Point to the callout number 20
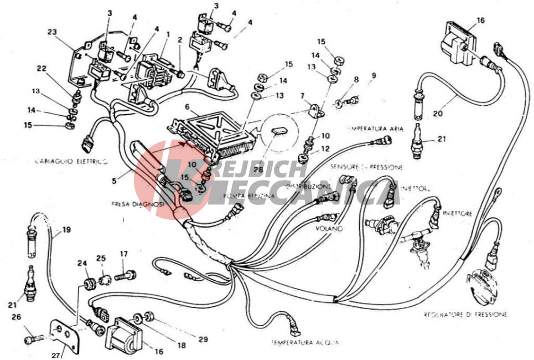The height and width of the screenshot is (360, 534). [438, 114]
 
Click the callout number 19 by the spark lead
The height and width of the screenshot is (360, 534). [66, 229]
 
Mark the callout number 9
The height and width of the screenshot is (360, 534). [374, 75]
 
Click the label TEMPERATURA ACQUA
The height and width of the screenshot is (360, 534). [304, 343]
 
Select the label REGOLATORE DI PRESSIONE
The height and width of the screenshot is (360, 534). [465, 314]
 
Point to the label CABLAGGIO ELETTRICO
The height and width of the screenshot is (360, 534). [71, 161]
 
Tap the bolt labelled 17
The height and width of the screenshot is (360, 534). [126, 273]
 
